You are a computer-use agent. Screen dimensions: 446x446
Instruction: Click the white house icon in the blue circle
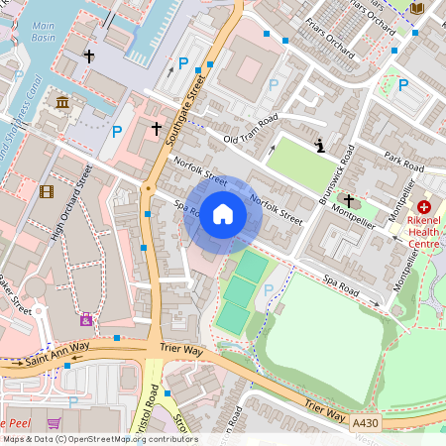(x=223, y=214)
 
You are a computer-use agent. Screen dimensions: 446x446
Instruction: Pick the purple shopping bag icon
(x=86, y=319)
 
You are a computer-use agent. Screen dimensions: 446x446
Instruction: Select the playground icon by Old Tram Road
(x=319, y=147)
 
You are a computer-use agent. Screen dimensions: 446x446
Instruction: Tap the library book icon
(x=416, y=8)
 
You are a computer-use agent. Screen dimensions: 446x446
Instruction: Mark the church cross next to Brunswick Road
(x=349, y=201)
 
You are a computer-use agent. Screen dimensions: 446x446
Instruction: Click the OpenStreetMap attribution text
(x=99, y=439)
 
